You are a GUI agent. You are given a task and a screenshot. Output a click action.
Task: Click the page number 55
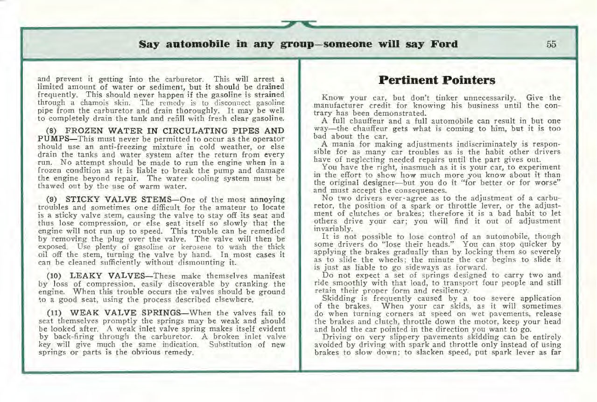click(x=551, y=45)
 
